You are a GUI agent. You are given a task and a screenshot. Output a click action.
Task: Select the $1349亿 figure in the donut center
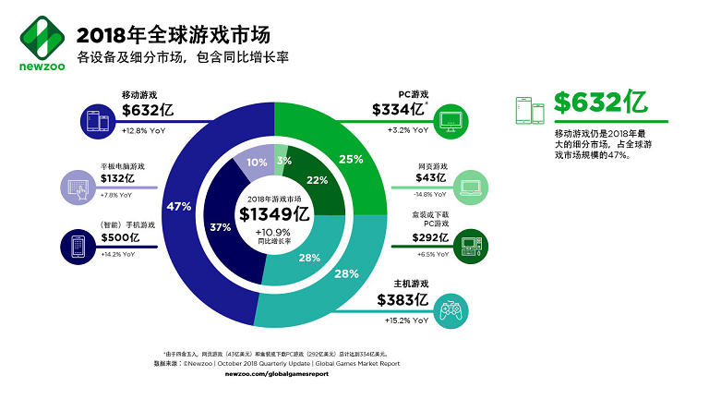tap(273, 215)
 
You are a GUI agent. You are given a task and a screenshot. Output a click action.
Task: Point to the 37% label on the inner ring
tap(220, 227)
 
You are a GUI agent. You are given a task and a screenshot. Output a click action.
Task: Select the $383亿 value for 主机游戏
tap(403, 300)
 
